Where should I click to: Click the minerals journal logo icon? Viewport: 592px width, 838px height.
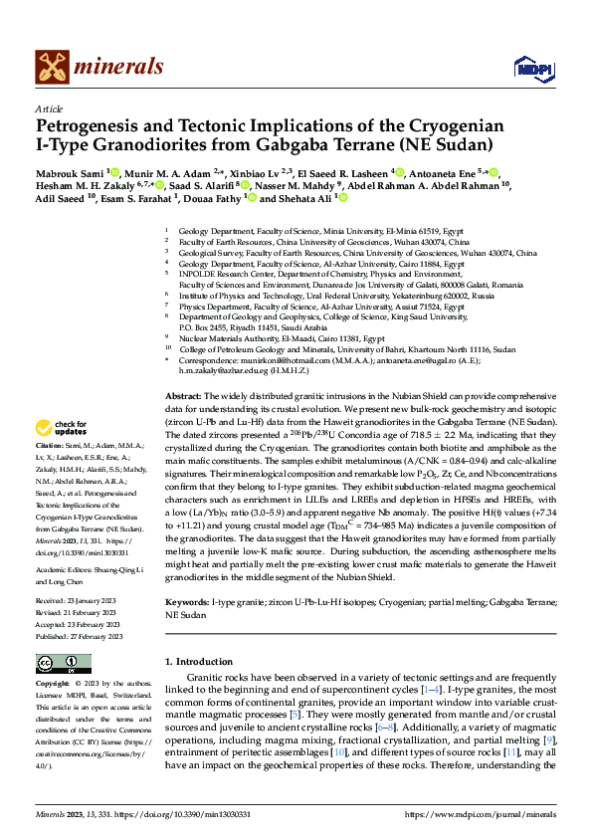[53, 67]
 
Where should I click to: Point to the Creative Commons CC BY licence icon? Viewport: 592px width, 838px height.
[64, 663]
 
